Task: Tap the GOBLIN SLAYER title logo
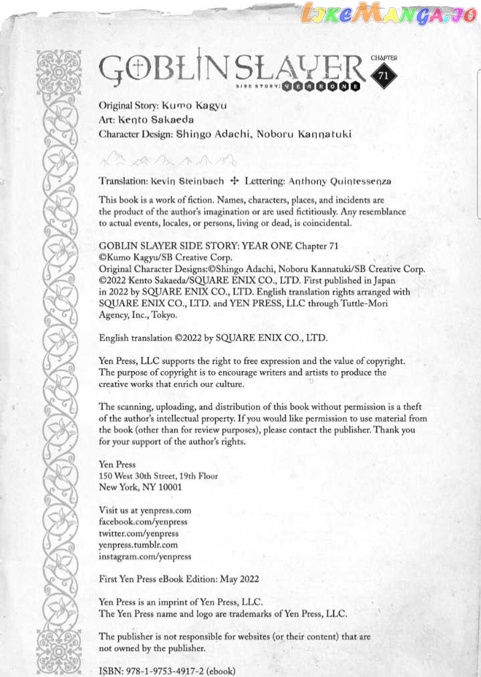coord(230,67)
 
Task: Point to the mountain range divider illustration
coord(167,159)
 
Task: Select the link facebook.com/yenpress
coord(143,521)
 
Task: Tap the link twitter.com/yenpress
coord(138,533)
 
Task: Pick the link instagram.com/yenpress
coord(145,556)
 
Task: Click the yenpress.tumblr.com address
coord(138,545)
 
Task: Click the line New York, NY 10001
coord(140,488)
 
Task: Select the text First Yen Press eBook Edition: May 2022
coord(178,579)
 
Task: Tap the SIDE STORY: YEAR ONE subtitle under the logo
coord(298,86)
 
